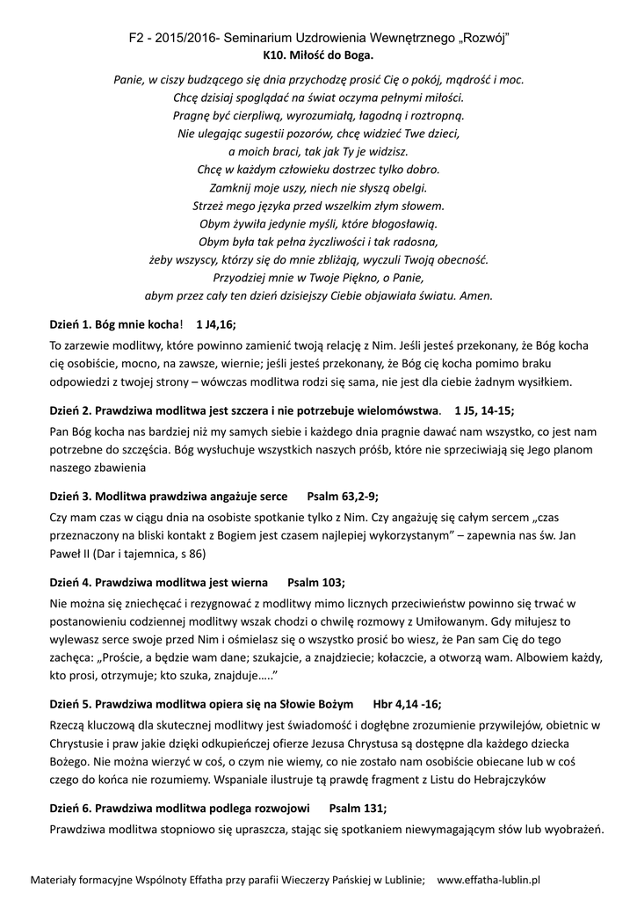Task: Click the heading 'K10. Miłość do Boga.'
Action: pos(318,54)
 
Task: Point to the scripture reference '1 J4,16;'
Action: pos(216,324)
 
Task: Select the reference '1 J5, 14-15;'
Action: pos(484,410)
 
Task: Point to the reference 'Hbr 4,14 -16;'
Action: pos(408,704)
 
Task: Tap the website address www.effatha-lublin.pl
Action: pos(488,878)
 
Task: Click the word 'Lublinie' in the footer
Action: pos(401,878)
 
